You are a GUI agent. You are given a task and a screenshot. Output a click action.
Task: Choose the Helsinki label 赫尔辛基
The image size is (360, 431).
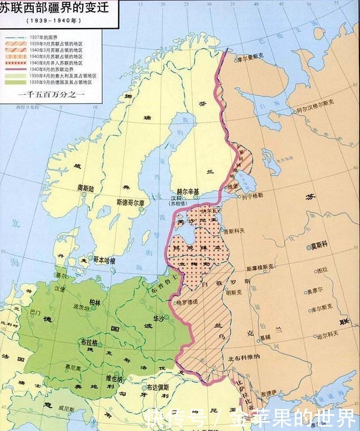click(188, 191)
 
